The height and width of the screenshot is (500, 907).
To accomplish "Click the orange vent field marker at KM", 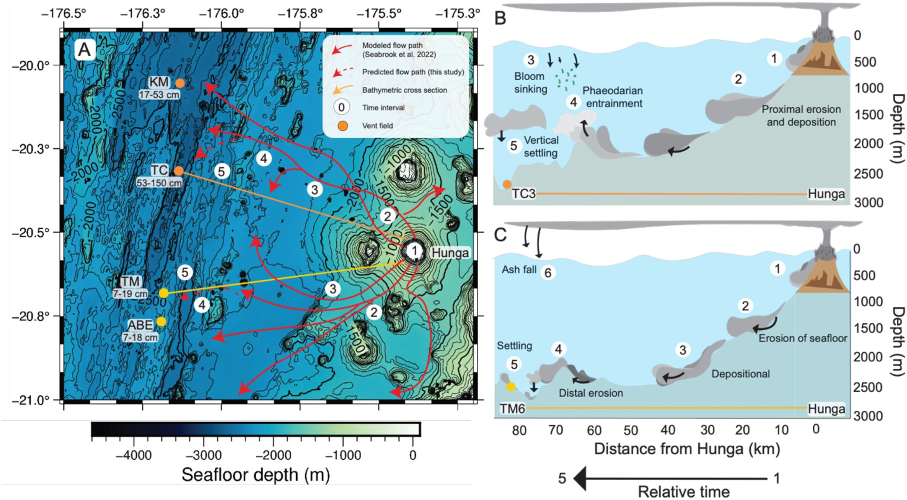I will coord(180,83).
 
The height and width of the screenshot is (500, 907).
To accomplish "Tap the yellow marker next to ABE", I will coord(161,321).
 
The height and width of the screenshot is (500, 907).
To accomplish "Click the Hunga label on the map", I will coord(450,253).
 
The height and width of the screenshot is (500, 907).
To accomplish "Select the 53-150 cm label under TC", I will coord(159,183).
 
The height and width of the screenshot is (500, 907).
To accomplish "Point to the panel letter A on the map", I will coord(84,50).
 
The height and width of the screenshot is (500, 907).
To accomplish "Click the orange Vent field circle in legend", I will coord(343,126).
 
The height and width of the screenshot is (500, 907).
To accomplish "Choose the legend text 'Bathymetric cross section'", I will coord(404,90).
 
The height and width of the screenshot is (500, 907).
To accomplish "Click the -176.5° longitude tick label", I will coord(64,13).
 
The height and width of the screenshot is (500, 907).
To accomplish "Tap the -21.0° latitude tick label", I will coord(31,400).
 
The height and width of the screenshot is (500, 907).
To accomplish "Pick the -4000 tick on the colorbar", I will coord(134,455).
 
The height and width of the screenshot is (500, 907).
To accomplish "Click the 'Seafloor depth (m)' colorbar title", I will coord(256,475).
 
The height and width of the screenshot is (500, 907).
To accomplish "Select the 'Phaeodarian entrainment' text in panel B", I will coord(613,97).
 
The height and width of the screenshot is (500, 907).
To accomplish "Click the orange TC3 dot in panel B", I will coord(507,184).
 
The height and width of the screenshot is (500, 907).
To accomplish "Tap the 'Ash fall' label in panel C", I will coord(519,270).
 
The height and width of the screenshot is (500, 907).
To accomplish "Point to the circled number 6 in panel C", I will coord(548,273).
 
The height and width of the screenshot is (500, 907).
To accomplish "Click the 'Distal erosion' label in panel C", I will coord(591,393).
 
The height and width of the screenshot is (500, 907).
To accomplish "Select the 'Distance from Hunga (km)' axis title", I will coord(687,449).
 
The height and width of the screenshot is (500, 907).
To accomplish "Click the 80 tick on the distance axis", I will coord(519,430).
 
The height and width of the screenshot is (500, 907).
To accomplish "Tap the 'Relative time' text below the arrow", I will coord(683,492).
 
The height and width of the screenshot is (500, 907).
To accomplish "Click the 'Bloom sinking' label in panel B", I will coord(530,83).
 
